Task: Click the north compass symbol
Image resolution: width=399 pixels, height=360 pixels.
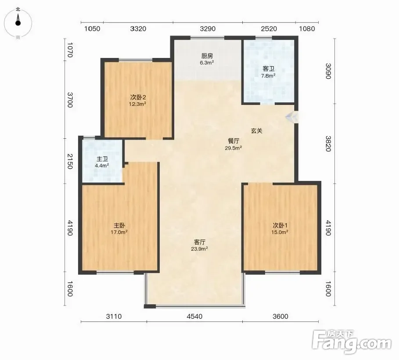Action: click(x=18, y=23)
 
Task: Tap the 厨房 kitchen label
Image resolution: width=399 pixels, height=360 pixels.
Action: click(x=207, y=56)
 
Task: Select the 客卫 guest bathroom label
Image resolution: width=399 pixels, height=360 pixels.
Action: click(x=269, y=69)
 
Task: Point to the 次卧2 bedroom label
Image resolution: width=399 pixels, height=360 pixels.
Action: click(x=138, y=97)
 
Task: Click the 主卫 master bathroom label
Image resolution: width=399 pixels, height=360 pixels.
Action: click(x=102, y=159)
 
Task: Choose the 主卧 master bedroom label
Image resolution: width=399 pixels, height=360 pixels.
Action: click(x=119, y=226)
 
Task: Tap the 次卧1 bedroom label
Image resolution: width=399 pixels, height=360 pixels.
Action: click(x=280, y=226)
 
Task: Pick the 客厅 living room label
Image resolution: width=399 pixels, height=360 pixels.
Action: click(x=199, y=242)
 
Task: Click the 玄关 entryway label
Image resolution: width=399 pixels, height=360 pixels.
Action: click(x=256, y=131)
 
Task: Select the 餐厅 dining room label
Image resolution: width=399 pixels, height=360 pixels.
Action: click(x=234, y=141)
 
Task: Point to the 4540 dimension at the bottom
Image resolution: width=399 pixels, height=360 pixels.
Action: click(x=194, y=317)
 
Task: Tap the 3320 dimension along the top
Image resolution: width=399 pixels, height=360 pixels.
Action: click(x=138, y=29)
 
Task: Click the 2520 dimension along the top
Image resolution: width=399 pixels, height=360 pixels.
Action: click(x=269, y=29)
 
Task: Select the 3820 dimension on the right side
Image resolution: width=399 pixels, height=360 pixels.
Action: click(x=328, y=144)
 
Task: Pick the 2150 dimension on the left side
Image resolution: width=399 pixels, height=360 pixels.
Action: click(x=69, y=162)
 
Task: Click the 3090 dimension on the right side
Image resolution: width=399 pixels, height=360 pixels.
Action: click(x=328, y=71)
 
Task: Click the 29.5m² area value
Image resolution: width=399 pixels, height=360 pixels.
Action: click(x=234, y=148)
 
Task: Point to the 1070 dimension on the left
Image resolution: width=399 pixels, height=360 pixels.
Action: click(x=69, y=50)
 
